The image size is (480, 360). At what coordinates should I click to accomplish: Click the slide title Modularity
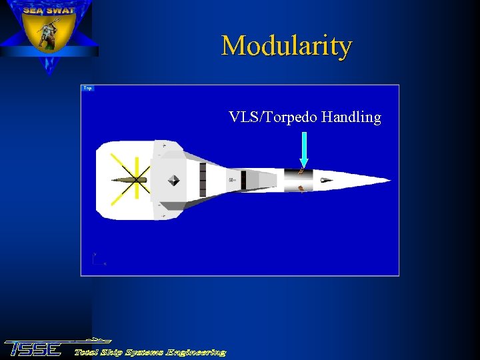coord(287,46)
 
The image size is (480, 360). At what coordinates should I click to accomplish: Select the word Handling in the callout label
coord(351,117)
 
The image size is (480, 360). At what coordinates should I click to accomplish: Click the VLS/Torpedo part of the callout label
coord(273,117)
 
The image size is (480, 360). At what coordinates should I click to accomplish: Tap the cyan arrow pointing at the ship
coord(304,149)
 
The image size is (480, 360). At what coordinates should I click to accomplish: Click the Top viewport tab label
coord(87,88)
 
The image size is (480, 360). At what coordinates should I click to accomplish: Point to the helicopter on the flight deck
coord(134,179)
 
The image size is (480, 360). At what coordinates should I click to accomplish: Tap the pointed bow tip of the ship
coord(389,179)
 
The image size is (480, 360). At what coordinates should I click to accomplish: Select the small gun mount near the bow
coord(325,179)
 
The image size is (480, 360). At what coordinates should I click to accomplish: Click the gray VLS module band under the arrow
coord(298,180)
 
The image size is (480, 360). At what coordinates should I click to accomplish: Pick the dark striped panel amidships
coord(203,180)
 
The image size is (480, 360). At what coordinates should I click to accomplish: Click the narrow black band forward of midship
coord(244,180)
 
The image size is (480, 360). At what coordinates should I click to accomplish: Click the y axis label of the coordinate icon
coord(95,254)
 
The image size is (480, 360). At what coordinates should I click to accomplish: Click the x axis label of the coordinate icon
coord(105,264)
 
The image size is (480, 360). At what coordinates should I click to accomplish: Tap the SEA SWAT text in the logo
coord(49,11)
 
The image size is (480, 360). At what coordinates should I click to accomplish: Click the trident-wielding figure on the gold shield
coord(49,35)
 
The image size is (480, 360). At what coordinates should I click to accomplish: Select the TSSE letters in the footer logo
coord(33,349)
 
